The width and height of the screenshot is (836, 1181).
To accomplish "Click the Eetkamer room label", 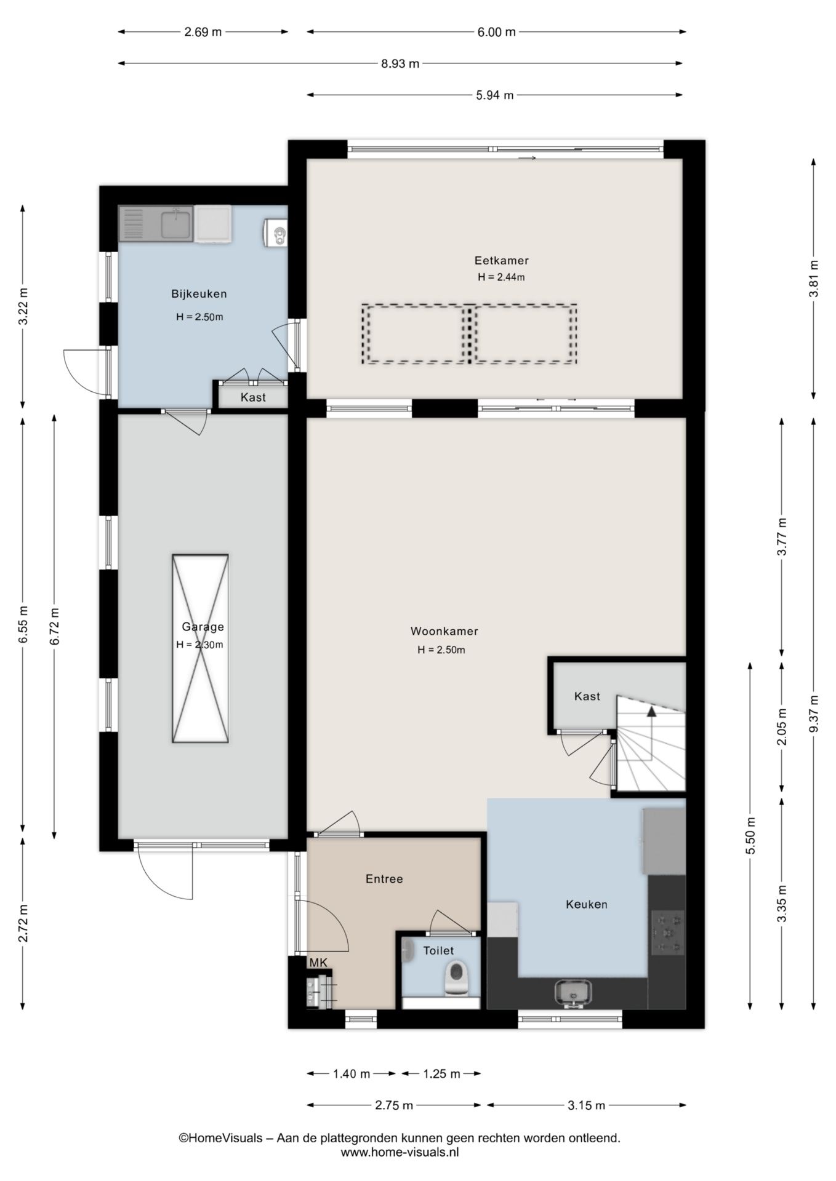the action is pyautogui.click(x=501, y=260).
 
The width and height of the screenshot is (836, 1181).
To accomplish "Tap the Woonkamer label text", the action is pyautogui.click(x=444, y=631).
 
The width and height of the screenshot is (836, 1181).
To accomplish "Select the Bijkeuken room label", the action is pyautogui.click(x=199, y=294).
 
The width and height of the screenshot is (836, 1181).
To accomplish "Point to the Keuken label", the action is pyautogui.click(x=586, y=904).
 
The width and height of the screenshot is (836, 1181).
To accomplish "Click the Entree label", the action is pyautogui.click(x=384, y=879).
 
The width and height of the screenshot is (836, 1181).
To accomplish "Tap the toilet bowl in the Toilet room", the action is pyautogui.click(x=457, y=977).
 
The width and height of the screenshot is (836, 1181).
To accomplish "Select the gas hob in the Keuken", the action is pyautogui.click(x=668, y=932).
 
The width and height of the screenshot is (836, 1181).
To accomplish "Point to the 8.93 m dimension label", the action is pyautogui.click(x=400, y=63).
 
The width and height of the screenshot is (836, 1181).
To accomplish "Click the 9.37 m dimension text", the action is pyautogui.click(x=814, y=713).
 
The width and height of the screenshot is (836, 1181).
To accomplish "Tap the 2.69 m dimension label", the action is pyautogui.click(x=203, y=32).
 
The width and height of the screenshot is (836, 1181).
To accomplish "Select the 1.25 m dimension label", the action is pyautogui.click(x=441, y=1074).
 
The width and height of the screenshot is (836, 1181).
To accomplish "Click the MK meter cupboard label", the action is pyautogui.click(x=318, y=963).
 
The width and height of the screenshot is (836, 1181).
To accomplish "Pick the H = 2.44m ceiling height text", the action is pyautogui.click(x=501, y=277).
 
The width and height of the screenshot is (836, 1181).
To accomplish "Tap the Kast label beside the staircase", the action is pyautogui.click(x=587, y=696).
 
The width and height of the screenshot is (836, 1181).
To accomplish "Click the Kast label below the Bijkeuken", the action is pyautogui.click(x=253, y=397).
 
